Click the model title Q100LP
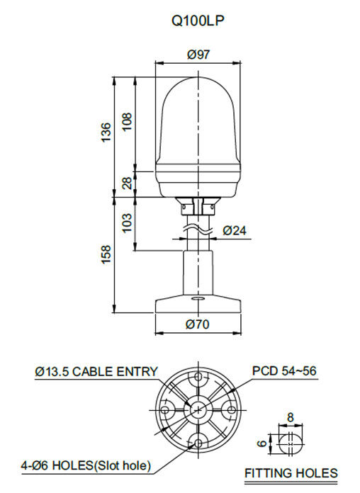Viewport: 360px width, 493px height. tap(198, 21)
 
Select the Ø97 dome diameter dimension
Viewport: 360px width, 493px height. tap(198, 55)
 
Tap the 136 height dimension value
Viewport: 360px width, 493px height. tap(106, 132)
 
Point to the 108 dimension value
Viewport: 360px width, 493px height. tap(127, 122)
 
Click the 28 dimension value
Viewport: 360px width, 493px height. tap(127, 183)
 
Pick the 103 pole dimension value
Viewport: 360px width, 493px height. tap(127, 222)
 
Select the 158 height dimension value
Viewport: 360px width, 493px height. tap(106, 254)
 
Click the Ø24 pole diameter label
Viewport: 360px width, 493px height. tap(235, 230)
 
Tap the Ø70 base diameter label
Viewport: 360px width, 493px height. tap(198, 324)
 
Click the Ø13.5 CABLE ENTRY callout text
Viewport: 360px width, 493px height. tap(96, 372)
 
